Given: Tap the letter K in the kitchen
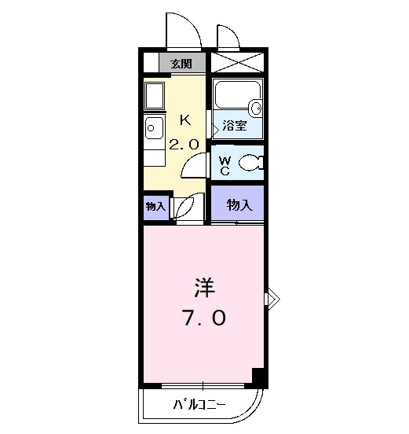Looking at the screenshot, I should tap(185, 120).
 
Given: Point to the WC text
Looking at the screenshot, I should tap(224, 164).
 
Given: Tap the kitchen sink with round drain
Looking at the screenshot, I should tap(152, 127).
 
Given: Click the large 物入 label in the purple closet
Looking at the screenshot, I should tap(239, 205).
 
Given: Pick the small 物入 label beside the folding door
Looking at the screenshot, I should tap(155, 206).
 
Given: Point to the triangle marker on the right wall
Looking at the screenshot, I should tap(272, 297).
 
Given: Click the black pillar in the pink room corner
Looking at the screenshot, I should tap(257, 376).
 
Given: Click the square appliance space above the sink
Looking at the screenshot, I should tap(154, 95).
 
